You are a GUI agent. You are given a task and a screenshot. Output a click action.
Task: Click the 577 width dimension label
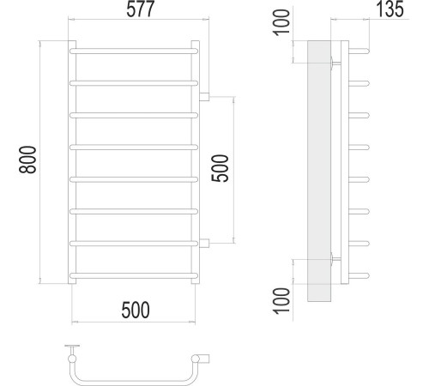(x=135, y=13)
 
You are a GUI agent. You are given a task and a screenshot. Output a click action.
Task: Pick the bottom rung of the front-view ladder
(x=135, y=275)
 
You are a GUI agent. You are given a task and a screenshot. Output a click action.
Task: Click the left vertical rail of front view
(x=70, y=163)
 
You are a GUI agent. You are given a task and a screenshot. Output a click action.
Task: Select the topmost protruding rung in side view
(x=360, y=51)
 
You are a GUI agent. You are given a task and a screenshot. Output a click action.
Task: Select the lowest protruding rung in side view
(x=360, y=274)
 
